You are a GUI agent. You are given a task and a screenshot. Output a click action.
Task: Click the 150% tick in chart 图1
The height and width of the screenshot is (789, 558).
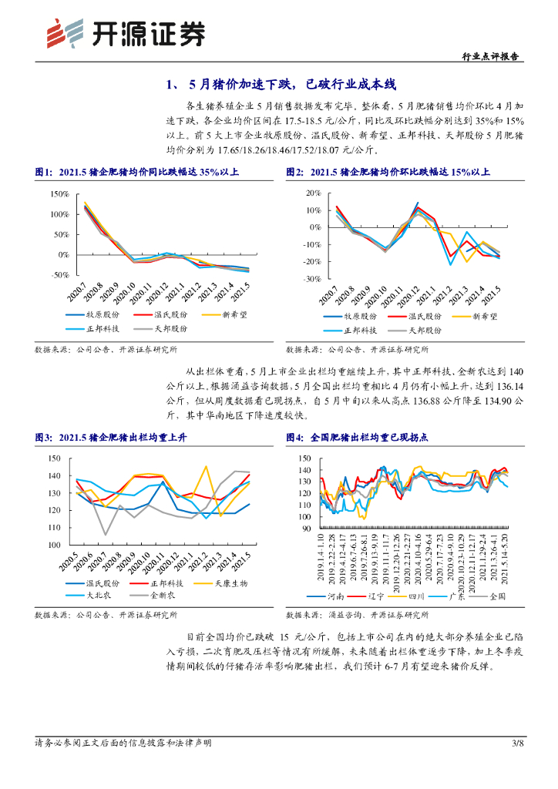59,193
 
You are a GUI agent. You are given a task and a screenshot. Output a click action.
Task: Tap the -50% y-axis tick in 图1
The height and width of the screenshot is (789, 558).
59,274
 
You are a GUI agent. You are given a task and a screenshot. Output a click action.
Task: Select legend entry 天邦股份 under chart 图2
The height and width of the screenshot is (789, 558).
424,329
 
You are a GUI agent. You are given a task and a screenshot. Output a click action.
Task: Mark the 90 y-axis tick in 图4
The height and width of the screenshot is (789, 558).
304,530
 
